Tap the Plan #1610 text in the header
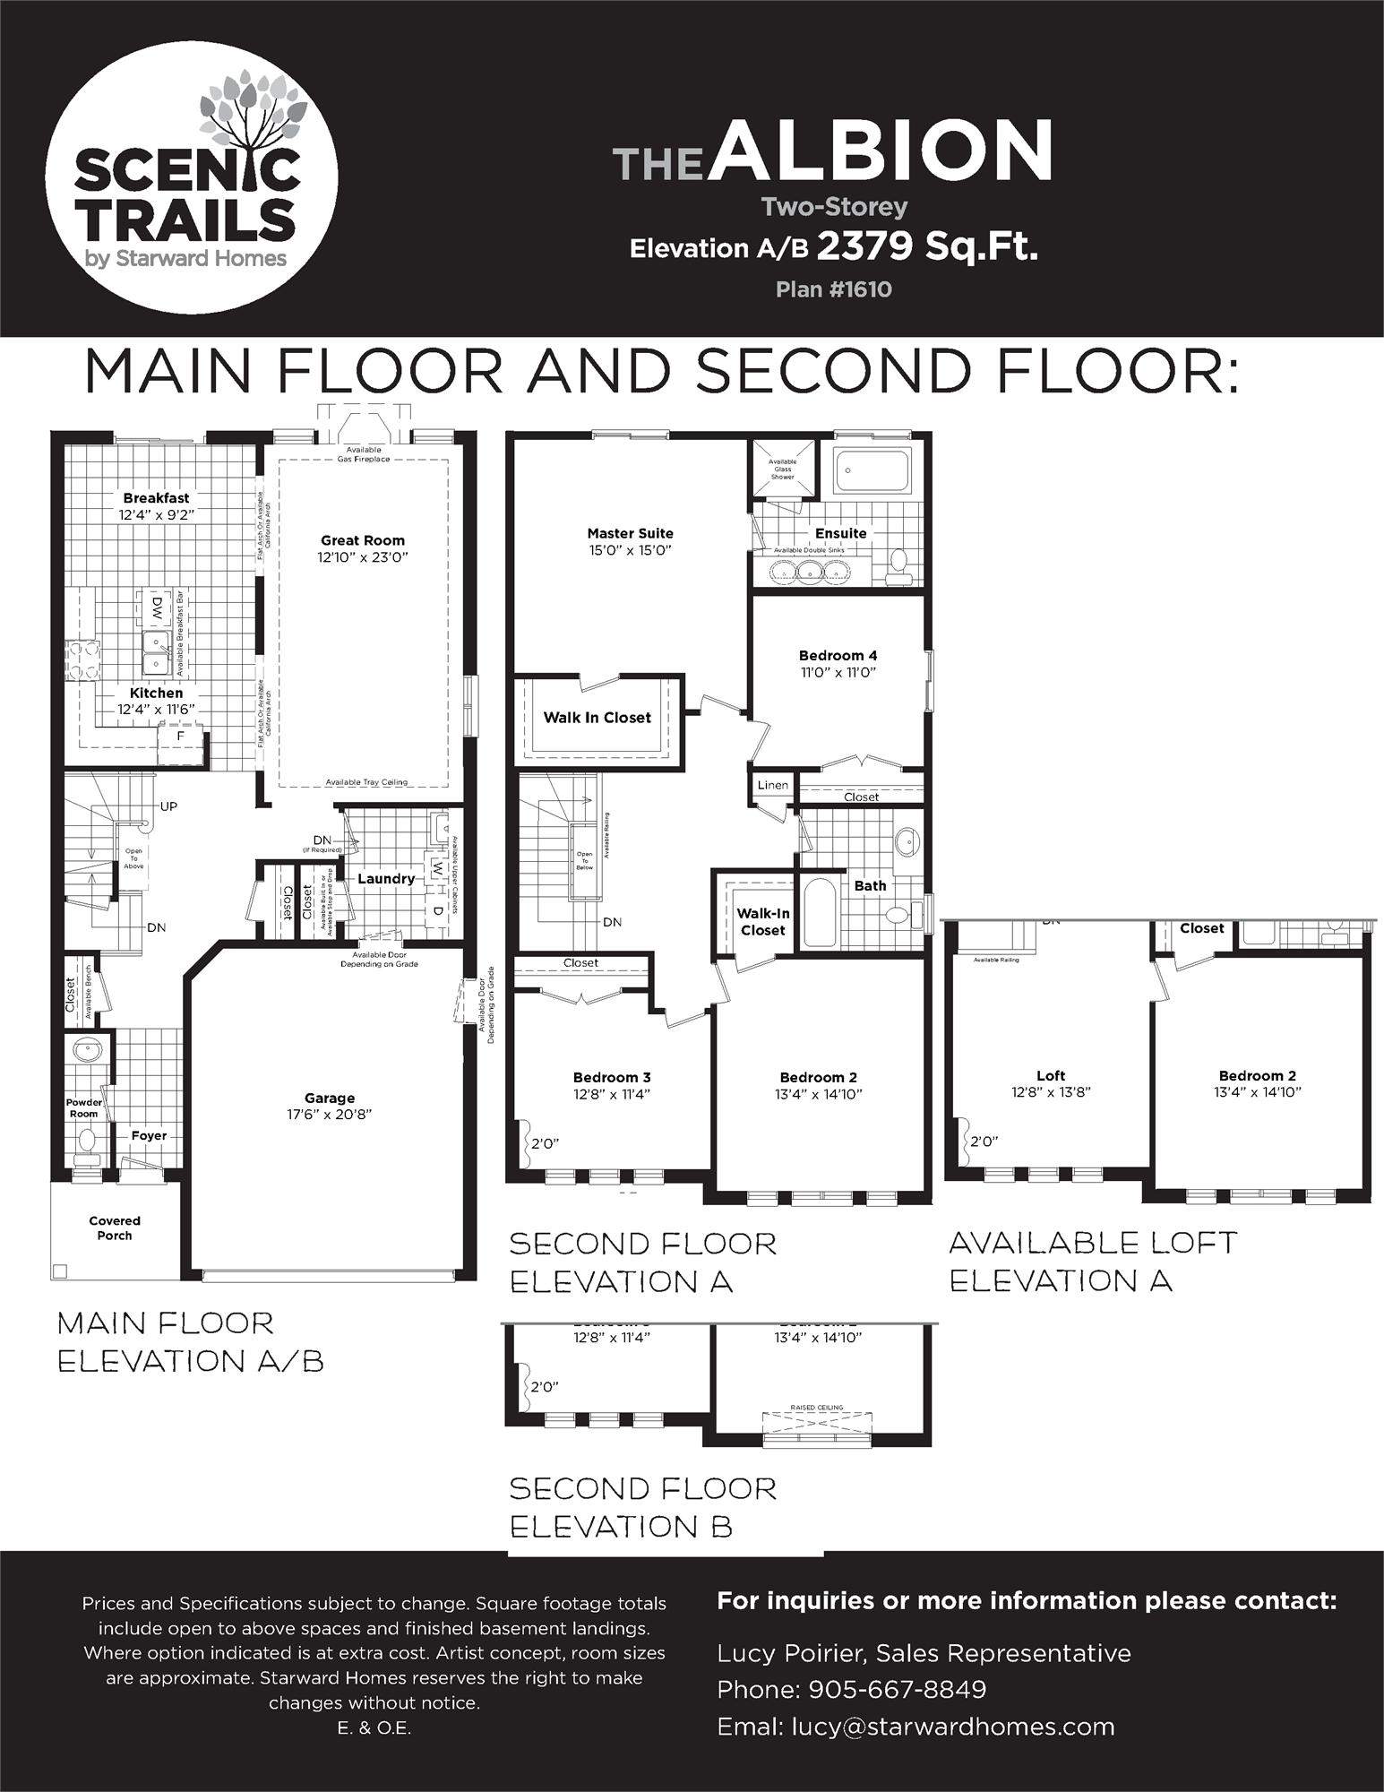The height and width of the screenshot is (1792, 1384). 833,289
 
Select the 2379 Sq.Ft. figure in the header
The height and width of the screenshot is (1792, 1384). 926,246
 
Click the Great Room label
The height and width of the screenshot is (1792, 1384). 363,540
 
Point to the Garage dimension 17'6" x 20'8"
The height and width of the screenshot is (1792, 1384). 330,1114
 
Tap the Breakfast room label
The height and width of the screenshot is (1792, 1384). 156,498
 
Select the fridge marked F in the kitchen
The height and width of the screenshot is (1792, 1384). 180,737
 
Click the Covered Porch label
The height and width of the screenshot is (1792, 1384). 115,1228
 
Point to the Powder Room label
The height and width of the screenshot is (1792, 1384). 83,1107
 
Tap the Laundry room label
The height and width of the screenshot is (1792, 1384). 386,879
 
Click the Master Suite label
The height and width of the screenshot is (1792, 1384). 630,533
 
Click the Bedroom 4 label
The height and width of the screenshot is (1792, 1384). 838,656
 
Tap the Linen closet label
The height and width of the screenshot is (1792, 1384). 773,785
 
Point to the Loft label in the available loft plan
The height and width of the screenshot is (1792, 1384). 1051,1075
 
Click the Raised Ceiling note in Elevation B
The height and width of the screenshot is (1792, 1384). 816,1408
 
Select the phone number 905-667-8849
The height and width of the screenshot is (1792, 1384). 897,1689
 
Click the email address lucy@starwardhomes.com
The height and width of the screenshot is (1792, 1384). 951,1727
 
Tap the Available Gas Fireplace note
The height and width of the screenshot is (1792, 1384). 363,454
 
